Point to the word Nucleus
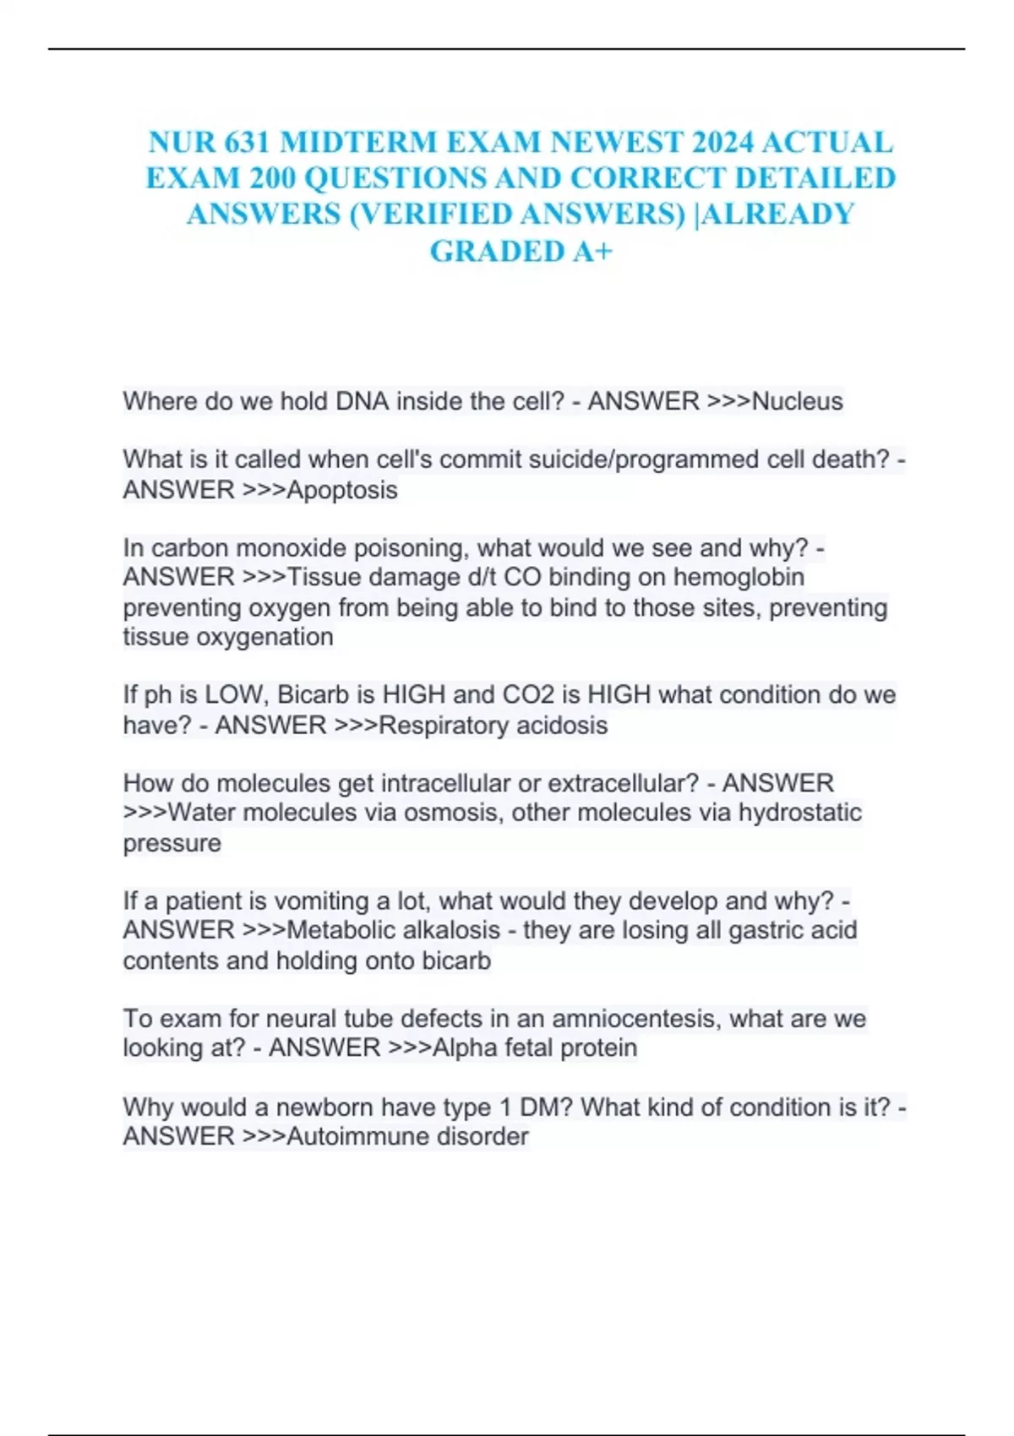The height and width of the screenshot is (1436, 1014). tap(797, 401)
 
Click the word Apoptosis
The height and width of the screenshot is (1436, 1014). tap(342, 490)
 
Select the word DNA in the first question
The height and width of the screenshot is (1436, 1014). tap(362, 401)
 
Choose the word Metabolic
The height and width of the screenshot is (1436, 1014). tap(340, 931)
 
